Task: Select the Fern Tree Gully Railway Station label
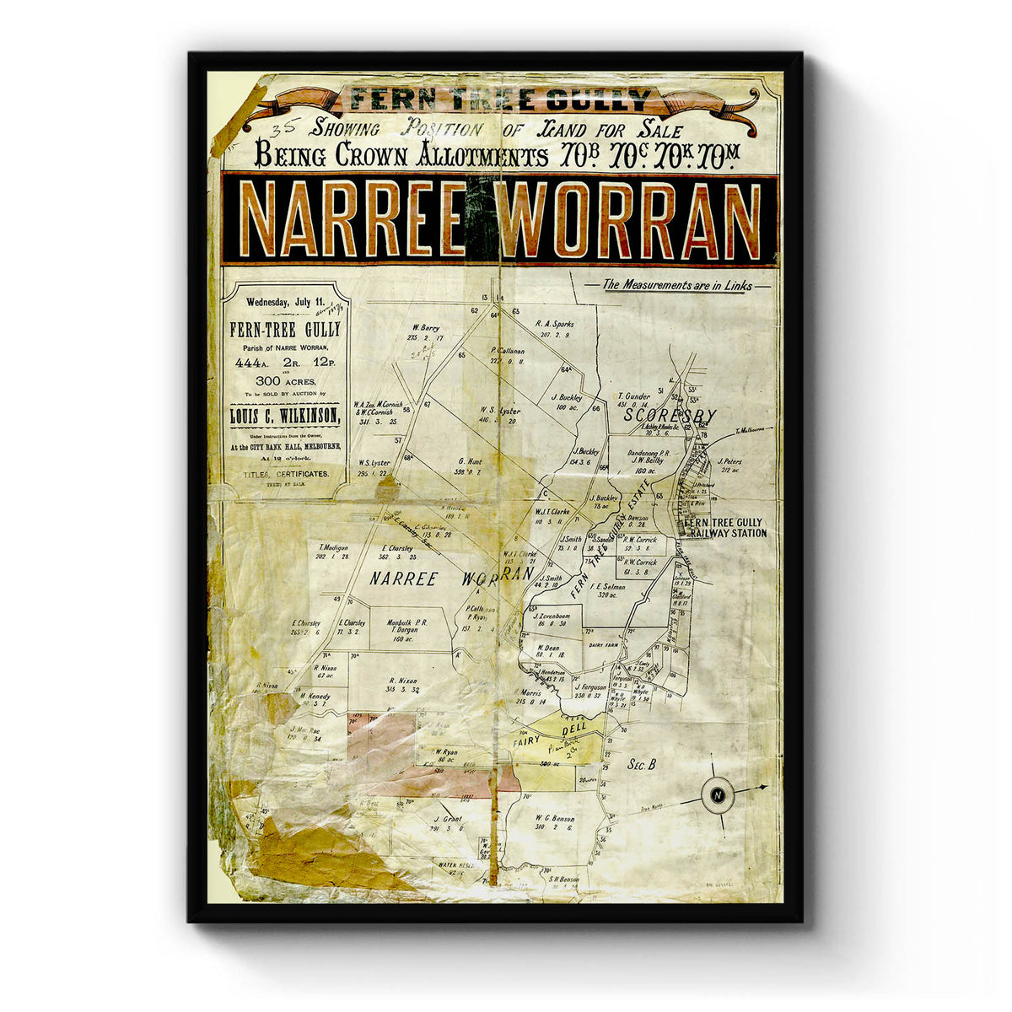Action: [x=725, y=528]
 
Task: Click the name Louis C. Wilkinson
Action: [x=286, y=416]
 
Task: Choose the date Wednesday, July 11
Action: [x=285, y=302]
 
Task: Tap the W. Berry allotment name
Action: [x=428, y=327]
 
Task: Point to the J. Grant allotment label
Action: [x=449, y=819]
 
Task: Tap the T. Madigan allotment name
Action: [x=332, y=547]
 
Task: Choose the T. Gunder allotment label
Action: [x=632, y=395]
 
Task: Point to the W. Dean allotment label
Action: [x=548, y=648]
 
